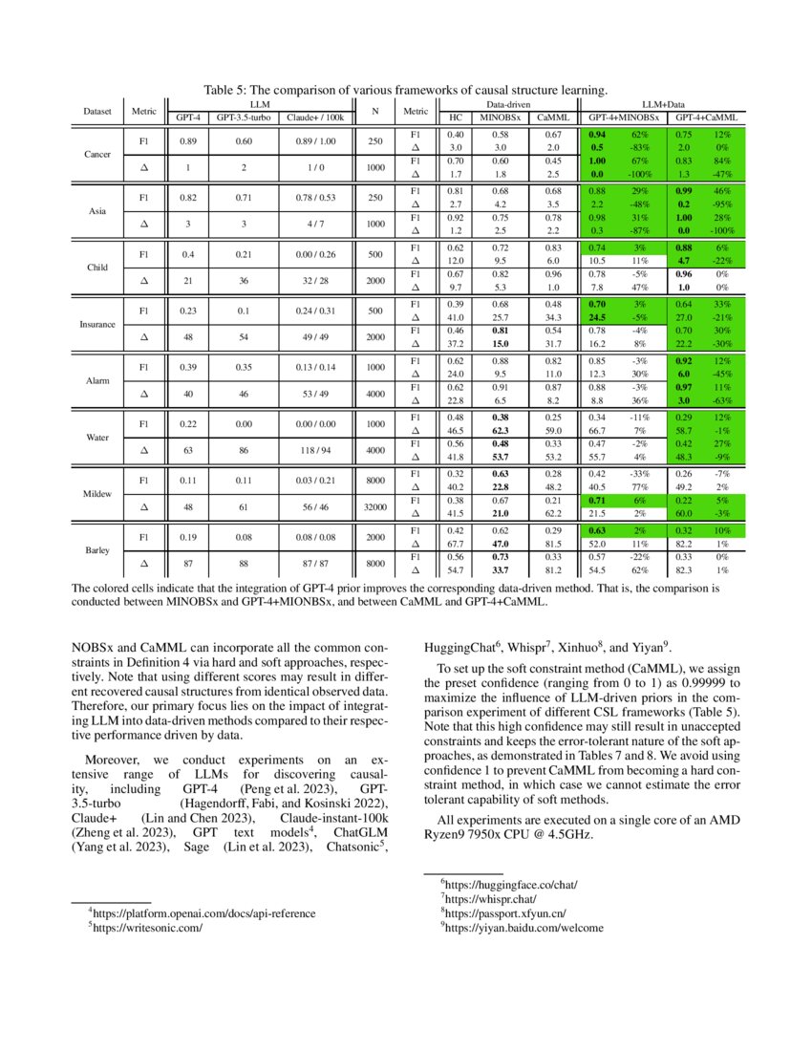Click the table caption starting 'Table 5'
click(x=405, y=90)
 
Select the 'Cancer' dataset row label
click(x=96, y=154)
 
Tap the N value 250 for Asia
click(x=375, y=197)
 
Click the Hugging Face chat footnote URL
click(x=508, y=885)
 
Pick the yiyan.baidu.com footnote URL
click(x=523, y=926)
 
